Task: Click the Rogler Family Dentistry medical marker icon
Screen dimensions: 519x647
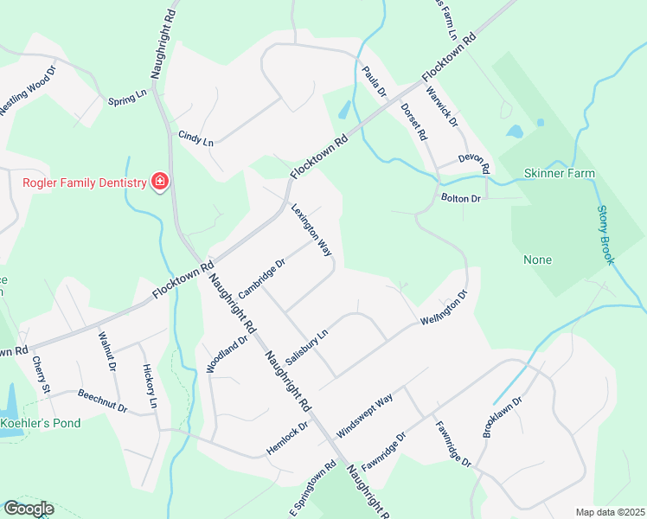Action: (x=159, y=182)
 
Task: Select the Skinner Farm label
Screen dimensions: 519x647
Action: (x=560, y=174)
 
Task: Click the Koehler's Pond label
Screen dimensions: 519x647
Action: (x=41, y=423)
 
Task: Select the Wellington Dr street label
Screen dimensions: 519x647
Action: (x=443, y=308)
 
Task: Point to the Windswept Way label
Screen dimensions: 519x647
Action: (x=365, y=411)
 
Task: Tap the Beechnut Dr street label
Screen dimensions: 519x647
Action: (x=102, y=400)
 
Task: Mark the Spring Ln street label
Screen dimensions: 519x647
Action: (x=127, y=98)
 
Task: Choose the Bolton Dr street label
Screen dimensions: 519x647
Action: (x=460, y=199)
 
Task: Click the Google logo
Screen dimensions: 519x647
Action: (x=28, y=509)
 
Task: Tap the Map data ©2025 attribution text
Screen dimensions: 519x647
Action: (x=609, y=512)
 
